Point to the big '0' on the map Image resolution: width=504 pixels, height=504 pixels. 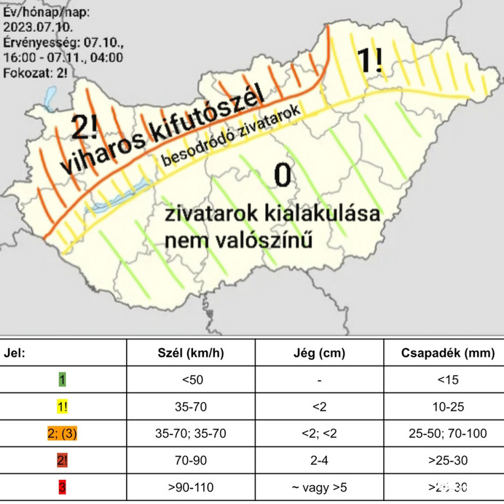pyautogui.click(x=282, y=175)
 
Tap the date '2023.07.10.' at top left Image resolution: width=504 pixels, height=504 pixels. pyautogui.click(x=35, y=27)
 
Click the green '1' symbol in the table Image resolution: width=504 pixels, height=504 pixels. pyautogui.click(x=63, y=379)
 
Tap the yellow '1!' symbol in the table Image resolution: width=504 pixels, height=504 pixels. pyautogui.click(x=63, y=406)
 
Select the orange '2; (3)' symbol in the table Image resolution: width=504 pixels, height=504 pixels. pyautogui.click(x=63, y=433)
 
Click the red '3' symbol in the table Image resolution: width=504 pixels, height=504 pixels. pyautogui.click(x=63, y=487)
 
